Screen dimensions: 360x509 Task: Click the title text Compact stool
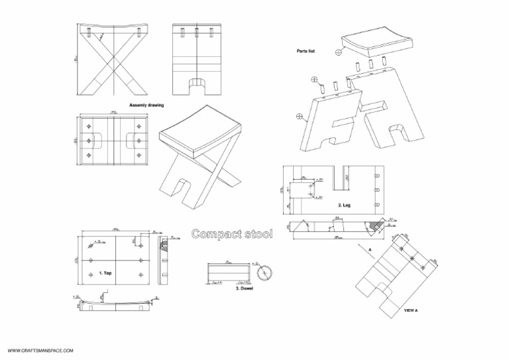point(232,234)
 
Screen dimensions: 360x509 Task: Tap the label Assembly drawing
point(146,105)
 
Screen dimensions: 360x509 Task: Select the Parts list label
point(306,51)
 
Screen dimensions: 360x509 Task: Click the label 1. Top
point(105,272)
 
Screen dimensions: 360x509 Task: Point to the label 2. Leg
point(345,205)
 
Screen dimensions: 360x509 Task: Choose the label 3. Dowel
point(246,288)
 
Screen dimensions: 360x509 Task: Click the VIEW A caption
point(411,310)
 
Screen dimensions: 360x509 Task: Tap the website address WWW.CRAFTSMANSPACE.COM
point(40,350)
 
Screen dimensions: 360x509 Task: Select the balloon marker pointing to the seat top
point(339,51)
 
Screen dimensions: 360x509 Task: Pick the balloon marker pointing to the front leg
point(300,117)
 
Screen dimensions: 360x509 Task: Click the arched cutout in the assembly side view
point(196,85)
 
